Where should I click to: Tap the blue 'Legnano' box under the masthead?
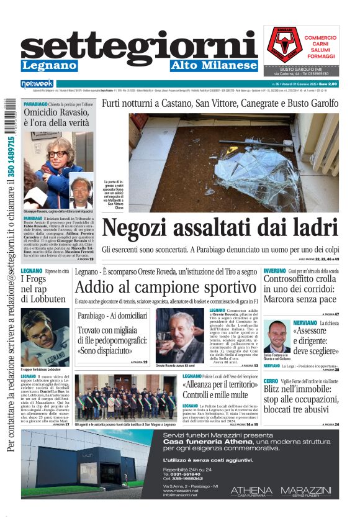pyautogui.click(x=49, y=66)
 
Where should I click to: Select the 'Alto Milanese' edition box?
pyautogui.click(x=214, y=66)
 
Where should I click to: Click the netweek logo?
pyautogui.click(x=37, y=84)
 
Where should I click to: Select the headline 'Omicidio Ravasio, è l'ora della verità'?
pyautogui.click(x=56, y=118)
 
